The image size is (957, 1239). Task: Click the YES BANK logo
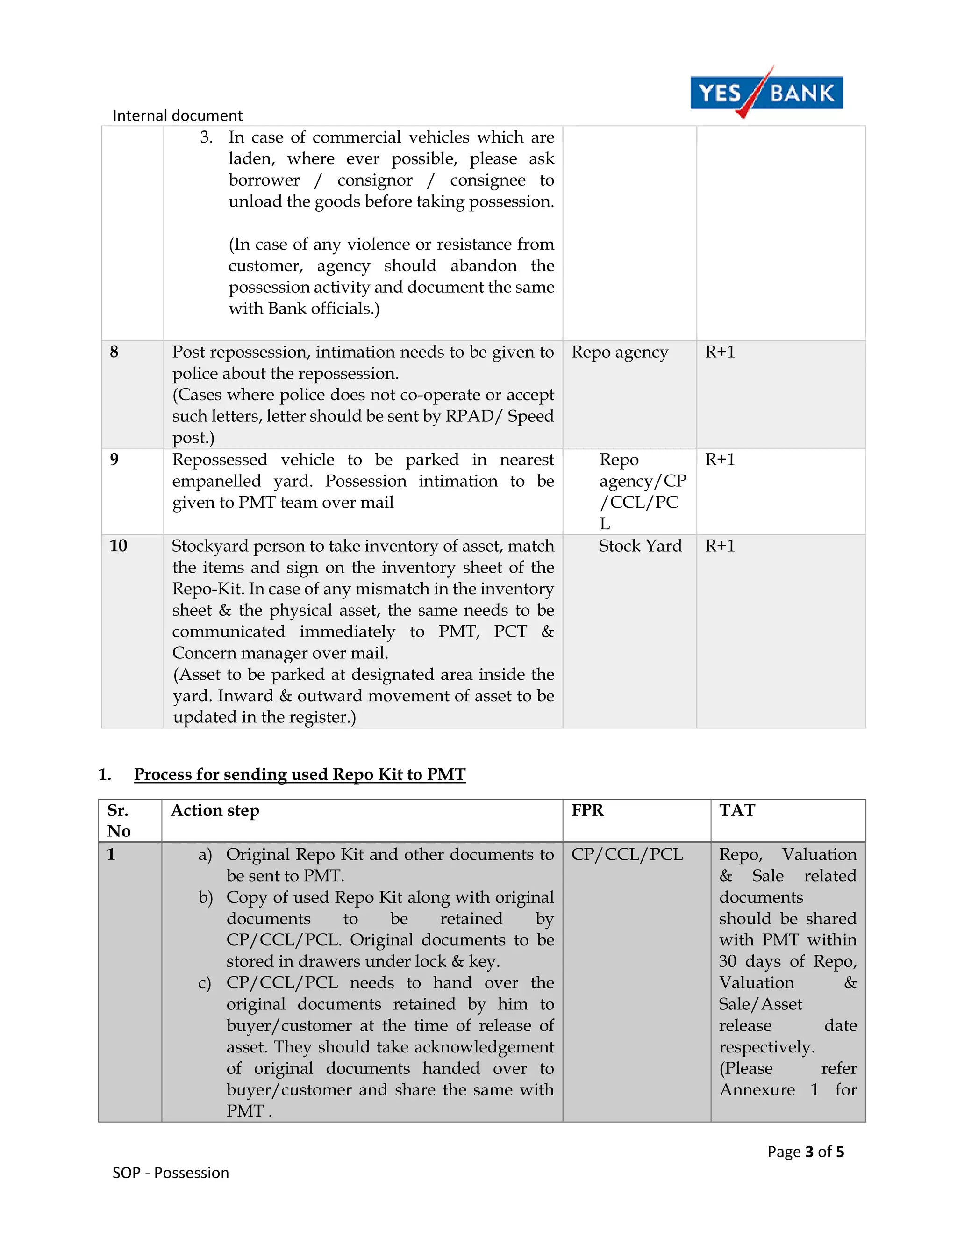(x=766, y=93)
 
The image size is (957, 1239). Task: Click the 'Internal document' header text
(x=178, y=116)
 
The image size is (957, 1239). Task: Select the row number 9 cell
(x=114, y=459)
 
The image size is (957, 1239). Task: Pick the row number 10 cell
(x=119, y=546)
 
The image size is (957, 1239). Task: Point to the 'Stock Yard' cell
(x=640, y=546)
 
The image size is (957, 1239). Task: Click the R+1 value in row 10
(x=720, y=546)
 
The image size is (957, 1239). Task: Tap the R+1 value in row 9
(x=720, y=459)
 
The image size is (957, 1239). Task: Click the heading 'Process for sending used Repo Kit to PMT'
(x=300, y=774)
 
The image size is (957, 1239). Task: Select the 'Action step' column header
(x=215, y=810)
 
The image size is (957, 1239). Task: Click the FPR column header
(x=587, y=810)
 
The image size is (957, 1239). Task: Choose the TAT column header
(x=737, y=810)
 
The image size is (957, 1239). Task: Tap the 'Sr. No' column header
(x=119, y=821)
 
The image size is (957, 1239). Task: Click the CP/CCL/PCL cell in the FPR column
(x=627, y=854)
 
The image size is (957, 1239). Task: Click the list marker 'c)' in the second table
(x=205, y=983)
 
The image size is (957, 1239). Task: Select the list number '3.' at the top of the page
(x=207, y=137)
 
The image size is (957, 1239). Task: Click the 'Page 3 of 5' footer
(x=805, y=1151)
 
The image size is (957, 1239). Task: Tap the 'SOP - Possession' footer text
(x=171, y=1173)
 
